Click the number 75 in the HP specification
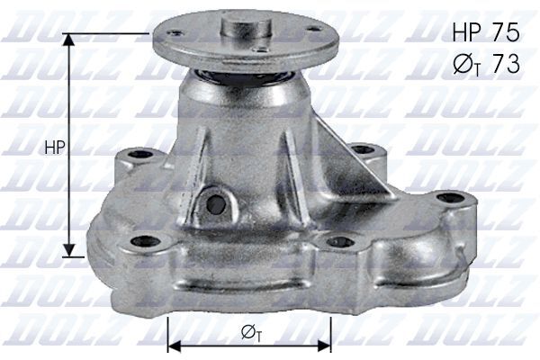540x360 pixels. pos(503,32)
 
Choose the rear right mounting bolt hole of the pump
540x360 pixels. pos(362,149)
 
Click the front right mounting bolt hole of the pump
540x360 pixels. pos(339,241)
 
